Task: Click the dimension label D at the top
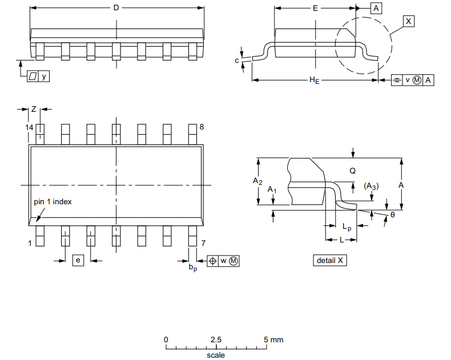pyautogui.click(x=116, y=8)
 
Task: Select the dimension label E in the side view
pyautogui.click(x=315, y=8)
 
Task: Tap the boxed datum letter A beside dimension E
pyautogui.click(x=377, y=8)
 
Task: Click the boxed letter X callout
pyautogui.click(x=408, y=21)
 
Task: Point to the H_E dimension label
pyautogui.click(x=314, y=80)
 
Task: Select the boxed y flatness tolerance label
pyautogui.click(x=43, y=76)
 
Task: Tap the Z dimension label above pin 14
pyautogui.click(x=34, y=109)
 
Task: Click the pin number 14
pyautogui.click(x=30, y=127)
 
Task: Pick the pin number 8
pyautogui.click(x=202, y=127)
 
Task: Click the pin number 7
pyautogui.click(x=203, y=243)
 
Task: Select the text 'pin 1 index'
pyautogui.click(x=53, y=202)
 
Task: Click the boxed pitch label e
pyautogui.click(x=79, y=260)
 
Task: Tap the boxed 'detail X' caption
pyautogui.click(x=331, y=260)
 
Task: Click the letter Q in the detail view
pyautogui.click(x=352, y=171)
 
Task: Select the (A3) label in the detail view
pyautogui.click(x=371, y=186)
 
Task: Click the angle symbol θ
pyautogui.click(x=392, y=215)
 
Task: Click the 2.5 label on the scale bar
pyautogui.click(x=216, y=339)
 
